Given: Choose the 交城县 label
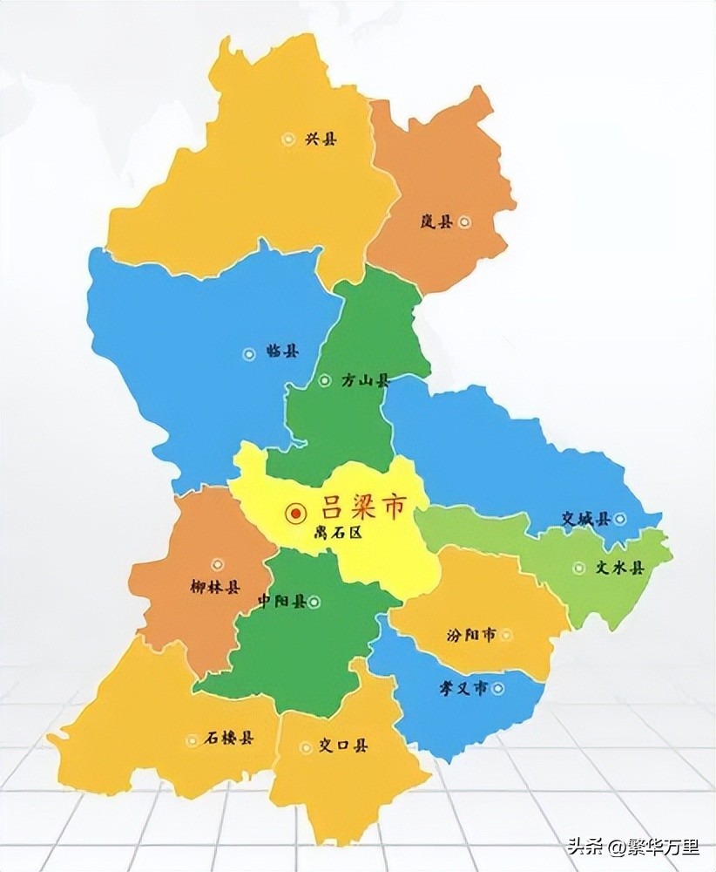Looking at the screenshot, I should coord(585,519).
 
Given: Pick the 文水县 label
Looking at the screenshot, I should coord(619,568).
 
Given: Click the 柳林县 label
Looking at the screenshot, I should coord(213,587).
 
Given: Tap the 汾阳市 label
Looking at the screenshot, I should coord(470,635).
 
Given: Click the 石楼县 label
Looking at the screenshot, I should coord(229,739).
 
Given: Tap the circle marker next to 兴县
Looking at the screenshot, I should coord(288,139).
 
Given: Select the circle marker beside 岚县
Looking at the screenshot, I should coord(465,221).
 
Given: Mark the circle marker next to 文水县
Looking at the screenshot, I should coord(579,568).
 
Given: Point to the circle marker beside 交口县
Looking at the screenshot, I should coord(305,746).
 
